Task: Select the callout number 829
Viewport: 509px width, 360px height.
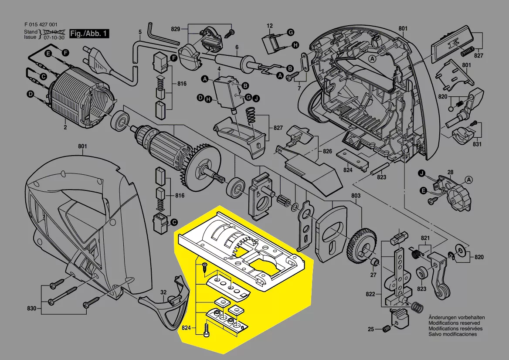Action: point(176,29)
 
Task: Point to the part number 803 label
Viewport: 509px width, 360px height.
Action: point(356,196)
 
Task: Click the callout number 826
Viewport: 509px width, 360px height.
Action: point(327,151)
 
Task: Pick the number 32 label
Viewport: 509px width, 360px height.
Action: point(163,292)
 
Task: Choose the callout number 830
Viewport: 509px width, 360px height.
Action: point(32,308)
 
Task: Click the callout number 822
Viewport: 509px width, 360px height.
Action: point(370,294)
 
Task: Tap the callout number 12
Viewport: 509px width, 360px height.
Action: point(270,26)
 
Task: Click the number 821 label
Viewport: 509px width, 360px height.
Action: point(425,238)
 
